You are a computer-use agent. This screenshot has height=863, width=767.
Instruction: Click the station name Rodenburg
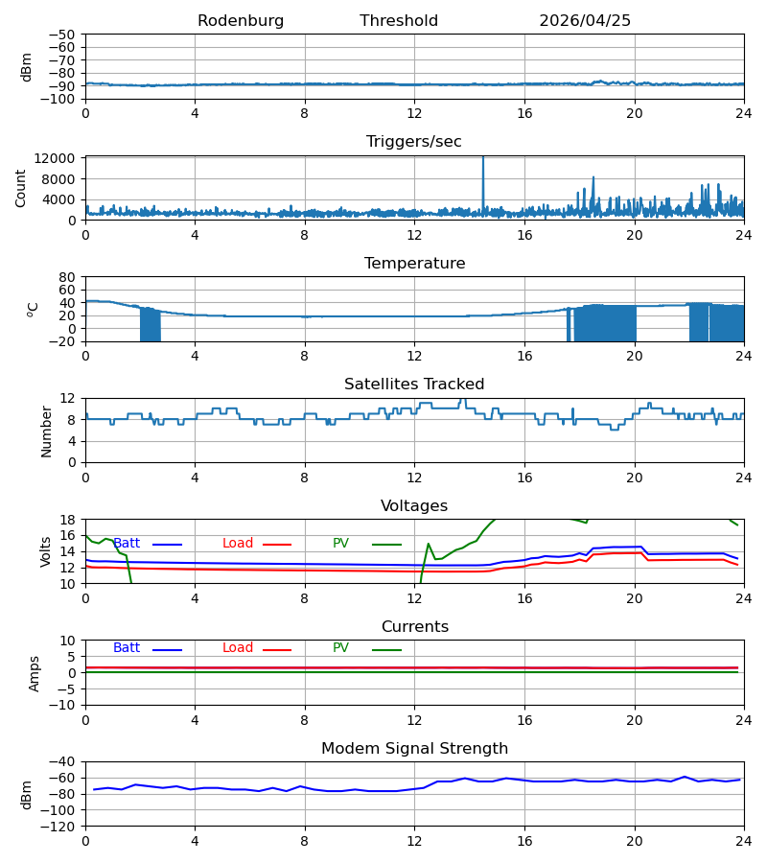[x=241, y=21]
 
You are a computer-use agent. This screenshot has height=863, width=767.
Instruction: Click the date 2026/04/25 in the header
[x=585, y=21]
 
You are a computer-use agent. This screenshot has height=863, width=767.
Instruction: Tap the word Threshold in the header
[x=399, y=21]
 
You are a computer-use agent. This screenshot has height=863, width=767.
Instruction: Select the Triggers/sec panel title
[x=414, y=142]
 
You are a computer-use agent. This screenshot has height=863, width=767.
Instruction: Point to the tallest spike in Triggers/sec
[x=483, y=158]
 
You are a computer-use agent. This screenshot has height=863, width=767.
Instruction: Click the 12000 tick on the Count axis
[x=55, y=158]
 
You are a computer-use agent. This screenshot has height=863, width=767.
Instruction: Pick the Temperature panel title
[x=414, y=263]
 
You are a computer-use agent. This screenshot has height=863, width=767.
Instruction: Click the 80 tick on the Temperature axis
[x=66, y=277]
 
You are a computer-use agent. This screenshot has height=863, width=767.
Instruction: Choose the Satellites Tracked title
[x=414, y=385]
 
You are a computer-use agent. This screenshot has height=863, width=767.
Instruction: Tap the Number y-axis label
[x=46, y=432]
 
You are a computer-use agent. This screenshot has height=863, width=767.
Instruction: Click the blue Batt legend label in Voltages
[x=127, y=544]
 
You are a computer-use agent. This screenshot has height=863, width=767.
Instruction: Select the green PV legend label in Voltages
[x=340, y=544]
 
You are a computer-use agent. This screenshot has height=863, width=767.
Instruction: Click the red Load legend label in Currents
[x=238, y=648]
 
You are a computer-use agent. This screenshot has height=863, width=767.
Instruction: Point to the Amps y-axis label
[x=35, y=674]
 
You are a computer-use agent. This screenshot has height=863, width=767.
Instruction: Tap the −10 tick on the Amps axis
[x=62, y=706]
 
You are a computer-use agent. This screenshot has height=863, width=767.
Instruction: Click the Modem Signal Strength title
[x=414, y=749]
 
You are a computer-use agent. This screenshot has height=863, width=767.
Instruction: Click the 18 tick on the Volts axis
[x=67, y=520]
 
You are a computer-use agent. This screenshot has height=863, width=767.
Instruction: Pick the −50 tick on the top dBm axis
[x=62, y=35]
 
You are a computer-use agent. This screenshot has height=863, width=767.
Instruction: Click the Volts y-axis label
[x=45, y=552]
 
